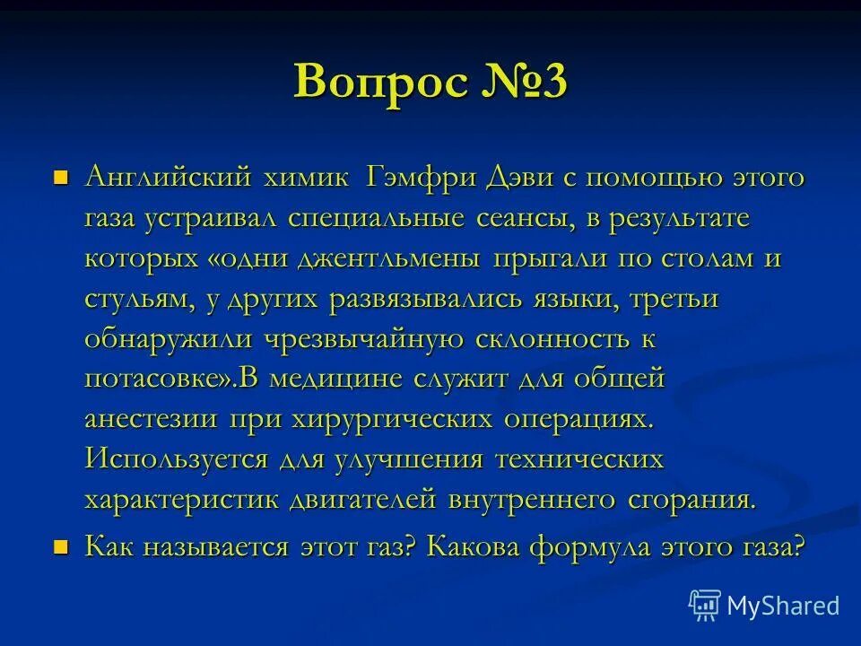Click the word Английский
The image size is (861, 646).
coord(166,178)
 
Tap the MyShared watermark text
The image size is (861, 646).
coord(783,606)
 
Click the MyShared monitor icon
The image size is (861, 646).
coord(705,606)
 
